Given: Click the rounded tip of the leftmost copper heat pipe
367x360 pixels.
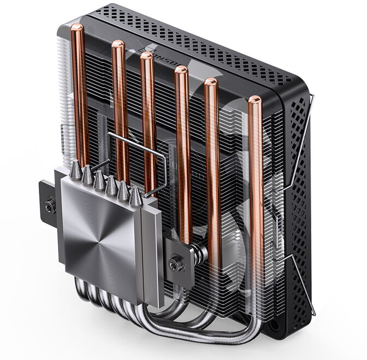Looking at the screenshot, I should tap(77, 28).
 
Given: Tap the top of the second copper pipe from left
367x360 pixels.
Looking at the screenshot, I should tap(118, 44).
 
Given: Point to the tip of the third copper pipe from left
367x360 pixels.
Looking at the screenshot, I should tap(146, 56).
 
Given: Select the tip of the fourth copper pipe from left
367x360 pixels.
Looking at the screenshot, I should tap(181, 69).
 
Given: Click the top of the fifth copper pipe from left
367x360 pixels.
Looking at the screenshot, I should tap(211, 82).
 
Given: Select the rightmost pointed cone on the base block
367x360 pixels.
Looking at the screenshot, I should tap(136, 194).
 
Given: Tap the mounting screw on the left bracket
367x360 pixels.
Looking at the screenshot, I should tap(50, 208).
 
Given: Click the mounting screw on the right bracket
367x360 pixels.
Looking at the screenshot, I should tap(176, 264).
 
